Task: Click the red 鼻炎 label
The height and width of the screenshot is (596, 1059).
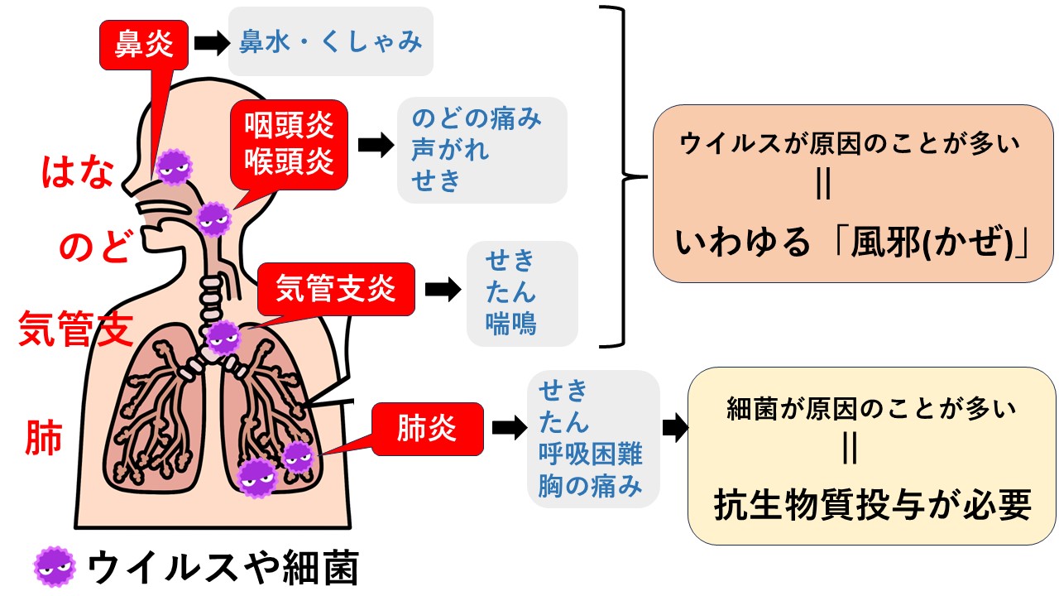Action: coord(145,45)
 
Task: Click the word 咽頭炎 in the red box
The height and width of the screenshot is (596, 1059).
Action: coord(289,125)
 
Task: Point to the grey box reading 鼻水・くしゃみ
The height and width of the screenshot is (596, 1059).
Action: coord(331,41)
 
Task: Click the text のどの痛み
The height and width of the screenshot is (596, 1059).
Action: coord(477,119)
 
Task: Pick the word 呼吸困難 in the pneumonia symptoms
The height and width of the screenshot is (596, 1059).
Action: coord(590,454)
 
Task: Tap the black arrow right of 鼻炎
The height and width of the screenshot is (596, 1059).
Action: coord(211,44)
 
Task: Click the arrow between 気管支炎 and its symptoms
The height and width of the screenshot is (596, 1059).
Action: coord(442,291)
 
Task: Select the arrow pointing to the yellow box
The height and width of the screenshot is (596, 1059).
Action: coord(675,429)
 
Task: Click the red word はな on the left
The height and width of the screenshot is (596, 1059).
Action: coord(77,173)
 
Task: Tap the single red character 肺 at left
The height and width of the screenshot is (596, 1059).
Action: coord(44,438)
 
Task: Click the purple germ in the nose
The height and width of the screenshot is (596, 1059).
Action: coord(174,166)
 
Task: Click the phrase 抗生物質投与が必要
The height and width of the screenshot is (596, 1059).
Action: coord(872,505)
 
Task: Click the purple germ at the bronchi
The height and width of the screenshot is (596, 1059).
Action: coord(223,337)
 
